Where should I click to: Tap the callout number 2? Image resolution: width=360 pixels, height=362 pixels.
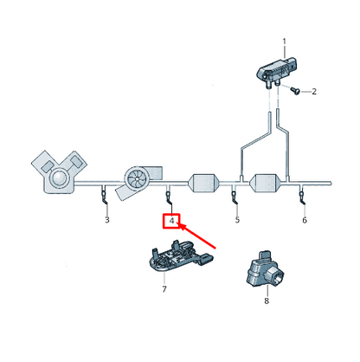point(313,91)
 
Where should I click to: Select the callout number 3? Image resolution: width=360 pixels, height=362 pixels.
point(106,221)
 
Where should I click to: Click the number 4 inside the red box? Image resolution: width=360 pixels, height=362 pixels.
point(172,222)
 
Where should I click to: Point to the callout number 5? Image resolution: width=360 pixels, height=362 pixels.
point(237,221)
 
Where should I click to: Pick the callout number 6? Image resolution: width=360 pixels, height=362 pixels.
point(304,221)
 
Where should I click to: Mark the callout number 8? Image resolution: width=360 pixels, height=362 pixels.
point(266,301)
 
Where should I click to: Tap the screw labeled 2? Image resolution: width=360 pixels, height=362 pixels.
point(294,90)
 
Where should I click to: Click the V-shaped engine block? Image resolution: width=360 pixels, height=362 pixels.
point(60,173)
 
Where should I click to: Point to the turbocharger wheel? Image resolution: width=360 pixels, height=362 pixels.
point(137,178)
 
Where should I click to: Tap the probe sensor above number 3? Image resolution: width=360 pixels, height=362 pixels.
point(104,197)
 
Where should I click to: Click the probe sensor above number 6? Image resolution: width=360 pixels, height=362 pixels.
point(303,197)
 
